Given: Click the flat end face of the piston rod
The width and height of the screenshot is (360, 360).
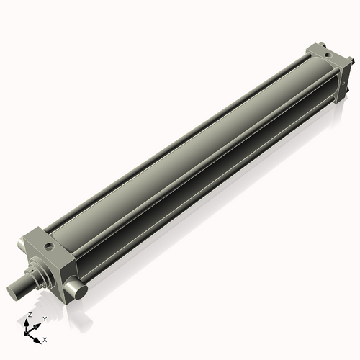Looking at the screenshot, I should (x=15, y=292).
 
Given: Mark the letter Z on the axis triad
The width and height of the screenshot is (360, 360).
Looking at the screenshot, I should (x=29, y=315).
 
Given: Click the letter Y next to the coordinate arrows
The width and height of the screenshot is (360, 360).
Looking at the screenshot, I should (x=45, y=318).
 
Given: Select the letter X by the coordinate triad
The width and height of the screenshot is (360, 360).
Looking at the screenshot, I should (x=45, y=338).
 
